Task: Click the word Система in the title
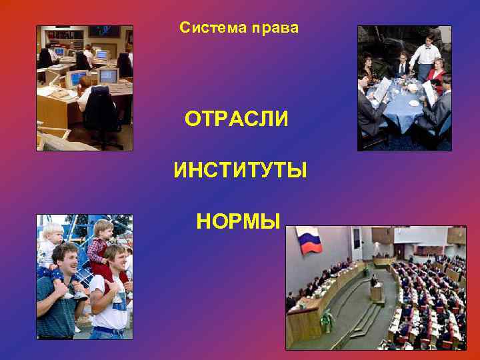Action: point(210,29)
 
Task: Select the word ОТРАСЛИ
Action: point(237,120)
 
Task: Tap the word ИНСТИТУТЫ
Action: point(240,171)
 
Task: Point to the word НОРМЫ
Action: point(238,221)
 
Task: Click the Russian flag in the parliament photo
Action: point(308,241)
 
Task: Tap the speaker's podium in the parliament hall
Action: point(377,291)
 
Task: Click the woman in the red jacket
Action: point(437,73)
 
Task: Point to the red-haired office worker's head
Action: point(85,82)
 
